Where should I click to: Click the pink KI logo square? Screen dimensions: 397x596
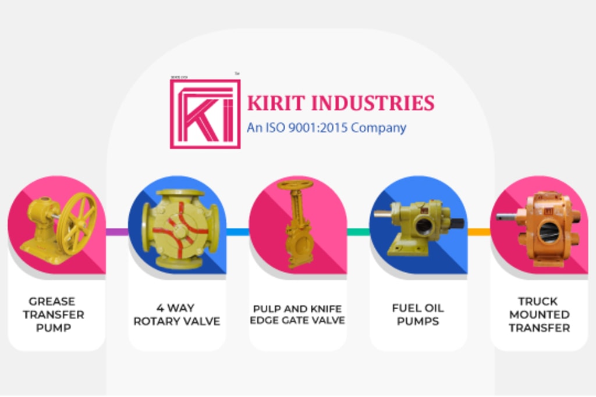(x=205, y=114)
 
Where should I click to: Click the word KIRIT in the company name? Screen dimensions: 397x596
(x=276, y=103)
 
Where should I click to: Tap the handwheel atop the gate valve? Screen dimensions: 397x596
(x=295, y=185)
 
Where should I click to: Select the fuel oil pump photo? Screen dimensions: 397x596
(x=418, y=227)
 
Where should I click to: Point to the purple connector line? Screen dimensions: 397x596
(x=117, y=231)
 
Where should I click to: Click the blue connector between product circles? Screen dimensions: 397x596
(x=237, y=232)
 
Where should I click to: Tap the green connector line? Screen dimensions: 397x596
(x=358, y=231)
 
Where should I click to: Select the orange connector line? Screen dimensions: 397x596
(x=479, y=231)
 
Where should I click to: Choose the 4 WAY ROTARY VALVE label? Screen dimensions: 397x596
(x=177, y=314)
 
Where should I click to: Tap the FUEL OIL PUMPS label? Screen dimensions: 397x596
(x=418, y=314)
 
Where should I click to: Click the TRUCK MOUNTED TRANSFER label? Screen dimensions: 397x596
(x=539, y=314)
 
